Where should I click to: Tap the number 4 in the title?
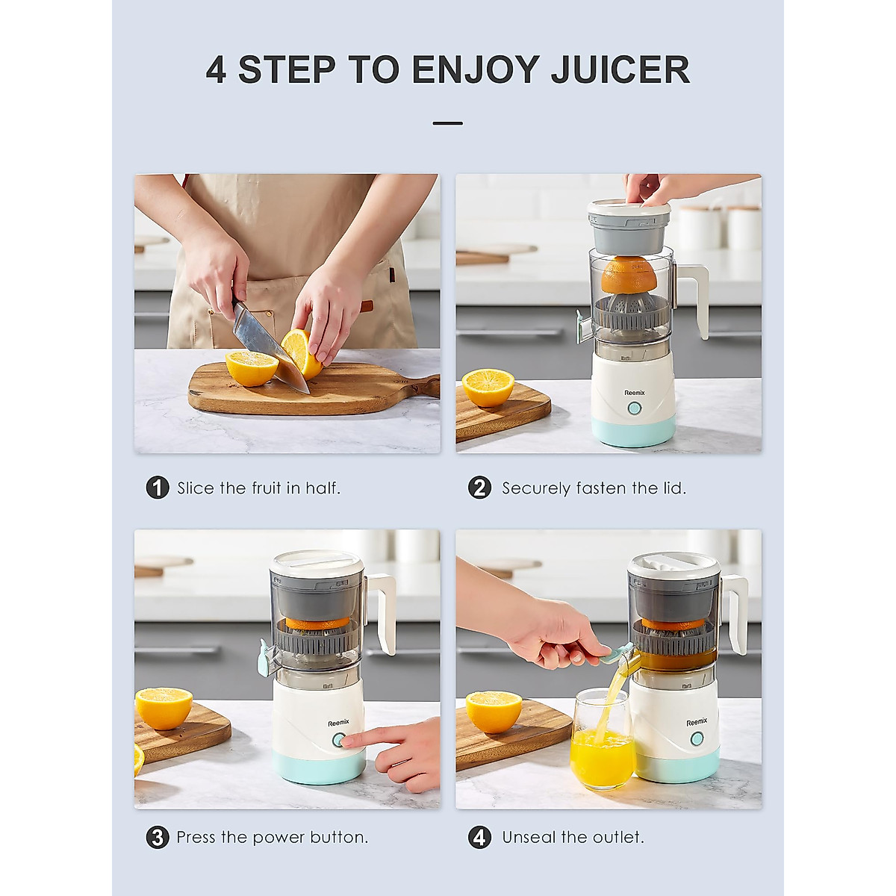[x=216, y=69]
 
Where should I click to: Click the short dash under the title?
[x=447, y=123]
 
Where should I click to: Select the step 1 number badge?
[x=158, y=488]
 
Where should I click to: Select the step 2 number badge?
[x=479, y=488]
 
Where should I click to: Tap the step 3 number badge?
[x=158, y=837]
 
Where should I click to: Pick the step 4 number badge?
[x=479, y=837]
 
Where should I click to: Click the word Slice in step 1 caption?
[x=196, y=488]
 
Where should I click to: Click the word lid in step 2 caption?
[x=673, y=488]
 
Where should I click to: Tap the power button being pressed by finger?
[x=338, y=740]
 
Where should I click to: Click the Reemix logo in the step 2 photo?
[x=635, y=392]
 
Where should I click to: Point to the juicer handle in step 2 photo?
[x=694, y=299]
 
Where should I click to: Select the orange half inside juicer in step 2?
[x=629, y=276]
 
